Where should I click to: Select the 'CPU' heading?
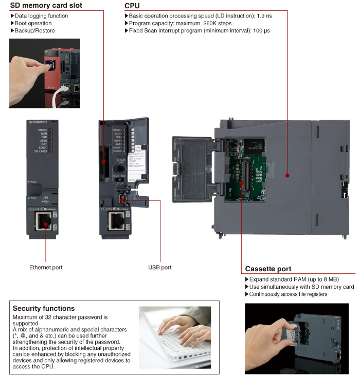coord(132,6)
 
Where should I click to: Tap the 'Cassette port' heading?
coord(268,269)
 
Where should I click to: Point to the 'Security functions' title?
coord(44,309)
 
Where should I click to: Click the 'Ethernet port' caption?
coord(46,268)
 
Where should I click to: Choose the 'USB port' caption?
coord(159,268)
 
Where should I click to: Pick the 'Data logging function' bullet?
coord(41,16)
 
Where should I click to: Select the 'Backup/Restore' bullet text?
coord(35,31)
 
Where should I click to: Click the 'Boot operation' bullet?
coord(33,24)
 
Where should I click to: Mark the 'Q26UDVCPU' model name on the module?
coord(40,123)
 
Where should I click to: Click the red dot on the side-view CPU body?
coord(287,175)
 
